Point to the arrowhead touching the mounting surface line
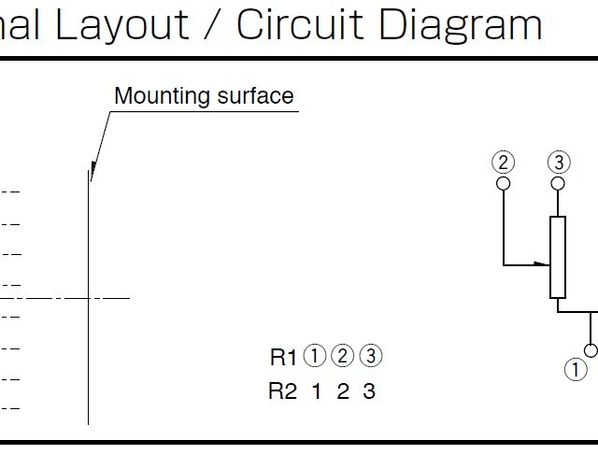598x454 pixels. click(92, 171)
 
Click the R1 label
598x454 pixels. click(283, 357)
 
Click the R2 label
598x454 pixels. click(282, 391)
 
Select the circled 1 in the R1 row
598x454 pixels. click(316, 356)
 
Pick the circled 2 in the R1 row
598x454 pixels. click(343, 356)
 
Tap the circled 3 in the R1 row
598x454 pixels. click(371, 356)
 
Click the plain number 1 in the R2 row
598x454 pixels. click(316, 391)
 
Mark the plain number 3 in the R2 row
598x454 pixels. click(369, 391)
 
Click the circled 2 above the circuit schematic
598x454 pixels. click(504, 162)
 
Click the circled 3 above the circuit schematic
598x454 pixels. click(558, 162)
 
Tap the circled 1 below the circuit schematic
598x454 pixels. click(576, 369)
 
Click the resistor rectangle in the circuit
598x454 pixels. click(558, 257)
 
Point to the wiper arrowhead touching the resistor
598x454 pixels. click(546, 265)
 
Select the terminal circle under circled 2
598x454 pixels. click(504, 183)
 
